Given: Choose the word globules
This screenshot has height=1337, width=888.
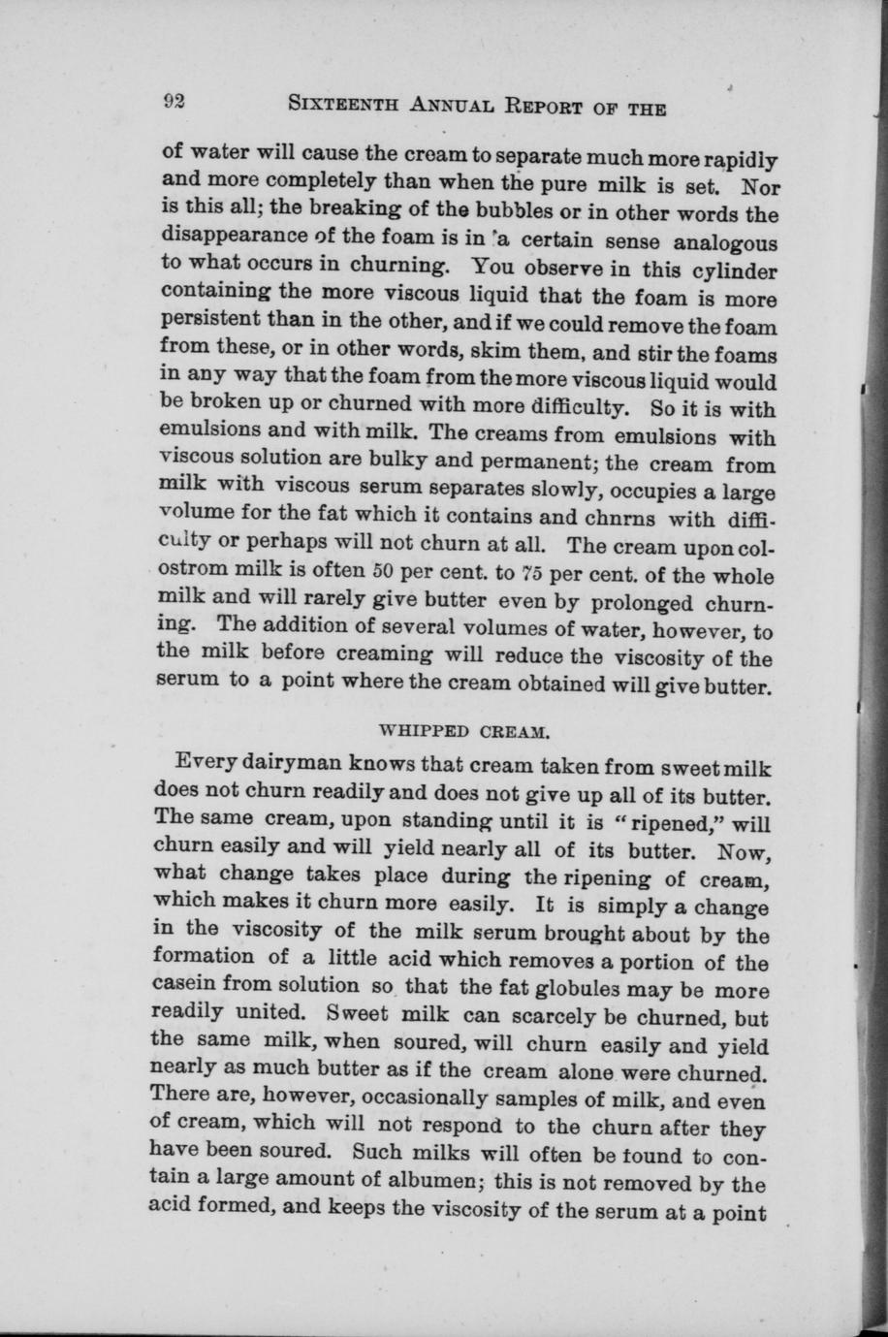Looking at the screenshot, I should pyautogui.click(x=592, y=990).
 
